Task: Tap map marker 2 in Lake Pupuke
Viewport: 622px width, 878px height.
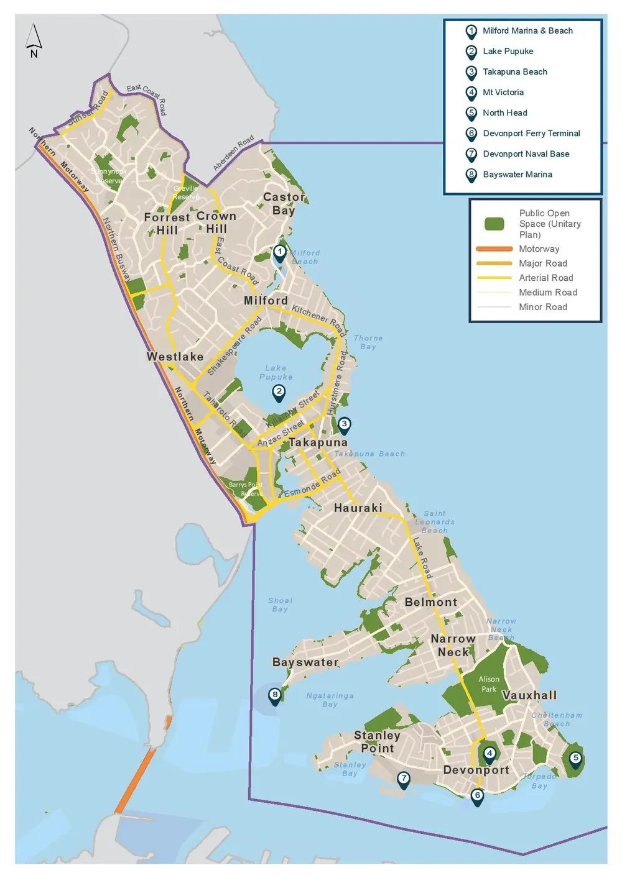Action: [279, 392]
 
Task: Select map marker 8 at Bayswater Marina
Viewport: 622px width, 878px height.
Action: [275, 695]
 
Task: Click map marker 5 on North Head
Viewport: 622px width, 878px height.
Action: [575, 759]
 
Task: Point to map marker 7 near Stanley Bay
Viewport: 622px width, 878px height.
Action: [404, 779]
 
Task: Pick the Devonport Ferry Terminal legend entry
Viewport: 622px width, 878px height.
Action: [531, 134]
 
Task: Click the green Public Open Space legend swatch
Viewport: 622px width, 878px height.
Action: [494, 224]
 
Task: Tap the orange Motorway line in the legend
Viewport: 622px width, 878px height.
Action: [494, 249]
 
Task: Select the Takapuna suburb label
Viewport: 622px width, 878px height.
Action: [318, 442]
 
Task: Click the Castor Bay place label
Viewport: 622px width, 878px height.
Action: [284, 204]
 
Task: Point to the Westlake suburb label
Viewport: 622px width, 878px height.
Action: [175, 357]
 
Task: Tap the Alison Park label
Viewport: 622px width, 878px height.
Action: [489, 684]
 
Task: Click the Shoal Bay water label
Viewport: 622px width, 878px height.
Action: [280, 605]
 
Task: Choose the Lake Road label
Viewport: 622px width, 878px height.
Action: [422, 558]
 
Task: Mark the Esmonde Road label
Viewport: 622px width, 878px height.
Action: [312, 483]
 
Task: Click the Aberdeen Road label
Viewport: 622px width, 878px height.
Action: [233, 153]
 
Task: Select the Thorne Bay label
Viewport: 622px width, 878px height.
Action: [368, 342]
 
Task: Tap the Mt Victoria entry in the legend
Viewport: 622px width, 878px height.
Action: [503, 93]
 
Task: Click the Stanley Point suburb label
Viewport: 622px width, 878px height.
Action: [377, 742]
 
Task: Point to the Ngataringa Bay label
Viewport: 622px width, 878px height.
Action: [330, 700]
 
